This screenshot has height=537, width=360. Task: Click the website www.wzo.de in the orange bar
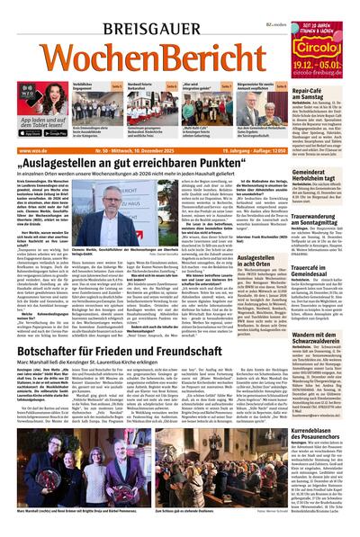click(x=31, y=147)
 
